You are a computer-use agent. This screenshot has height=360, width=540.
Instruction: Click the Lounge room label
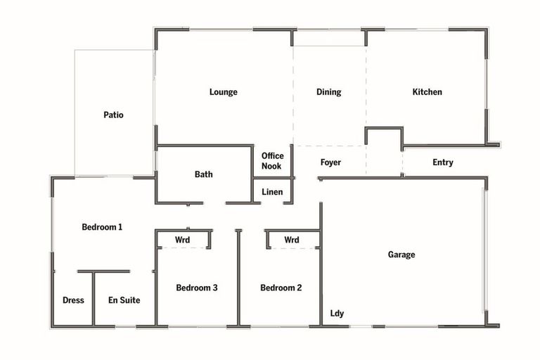[223, 92]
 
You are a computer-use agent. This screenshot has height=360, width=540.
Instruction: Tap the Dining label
[328, 92]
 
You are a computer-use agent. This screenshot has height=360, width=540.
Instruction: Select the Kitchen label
[427, 92]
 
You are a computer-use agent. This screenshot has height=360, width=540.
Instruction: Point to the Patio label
[113, 115]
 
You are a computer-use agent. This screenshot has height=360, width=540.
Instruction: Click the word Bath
[204, 174]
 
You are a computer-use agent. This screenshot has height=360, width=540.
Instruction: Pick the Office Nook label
[272, 161]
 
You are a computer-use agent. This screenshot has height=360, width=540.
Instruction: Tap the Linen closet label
[272, 192]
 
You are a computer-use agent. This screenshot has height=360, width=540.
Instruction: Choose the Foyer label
[330, 162]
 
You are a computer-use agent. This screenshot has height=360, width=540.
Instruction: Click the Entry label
[442, 162]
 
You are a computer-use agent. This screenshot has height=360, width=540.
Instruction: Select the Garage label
[401, 255]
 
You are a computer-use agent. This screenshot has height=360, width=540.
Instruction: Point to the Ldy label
[337, 314]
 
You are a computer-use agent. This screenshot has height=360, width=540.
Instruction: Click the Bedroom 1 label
[103, 227]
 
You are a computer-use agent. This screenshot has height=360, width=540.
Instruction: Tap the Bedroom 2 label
[281, 288]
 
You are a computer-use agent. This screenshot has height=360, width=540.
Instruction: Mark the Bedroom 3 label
[196, 288]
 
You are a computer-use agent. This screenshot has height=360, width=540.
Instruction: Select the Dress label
[73, 300]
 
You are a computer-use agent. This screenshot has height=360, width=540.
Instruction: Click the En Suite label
[124, 300]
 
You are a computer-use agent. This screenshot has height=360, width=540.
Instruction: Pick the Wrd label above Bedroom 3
[183, 240]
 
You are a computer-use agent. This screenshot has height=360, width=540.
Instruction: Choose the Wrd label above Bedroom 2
[292, 240]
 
